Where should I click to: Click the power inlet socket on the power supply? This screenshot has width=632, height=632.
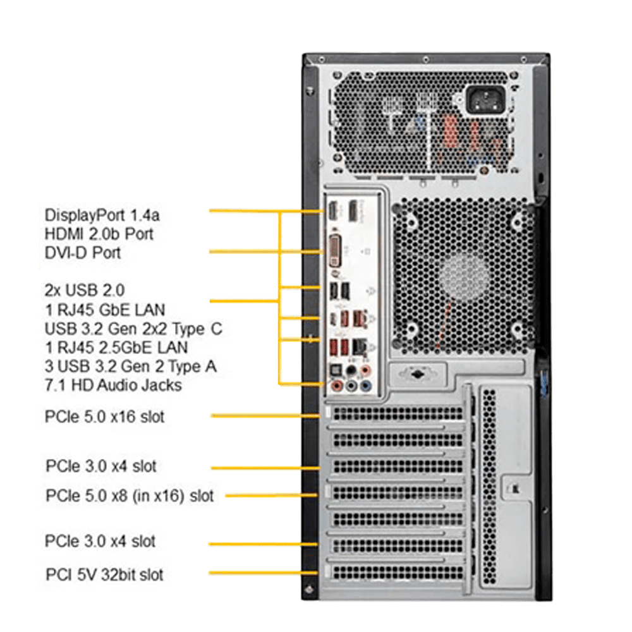pyautogui.click(x=485, y=100)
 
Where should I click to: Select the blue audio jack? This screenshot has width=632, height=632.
pyautogui.click(x=365, y=386)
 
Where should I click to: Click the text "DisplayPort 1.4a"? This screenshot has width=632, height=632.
pyautogui.click(x=102, y=216)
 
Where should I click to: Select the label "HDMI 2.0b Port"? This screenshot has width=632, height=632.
pyautogui.click(x=99, y=234)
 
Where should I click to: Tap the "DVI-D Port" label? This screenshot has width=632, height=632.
pyautogui.click(x=83, y=253)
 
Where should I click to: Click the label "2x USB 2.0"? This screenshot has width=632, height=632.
pyautogui.click(x=85, y=290)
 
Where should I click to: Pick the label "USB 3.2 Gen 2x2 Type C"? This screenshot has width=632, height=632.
pyautogui.click(x=133, y=329)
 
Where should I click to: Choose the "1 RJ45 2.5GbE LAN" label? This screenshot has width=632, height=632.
pyautogui.click(x=116, y=348)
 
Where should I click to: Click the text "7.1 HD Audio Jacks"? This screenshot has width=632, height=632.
pyautogui.click(x=113, y=386)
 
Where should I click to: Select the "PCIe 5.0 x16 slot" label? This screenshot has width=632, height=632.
pyautogui.click(x=104, y=416)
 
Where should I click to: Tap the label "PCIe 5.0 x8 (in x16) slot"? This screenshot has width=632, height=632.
pyautogui.click(x=130, y=495)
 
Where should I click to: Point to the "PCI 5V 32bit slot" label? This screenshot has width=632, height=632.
pyautogui.click(x=104, y=574)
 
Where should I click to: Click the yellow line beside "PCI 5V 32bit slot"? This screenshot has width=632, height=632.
pyautogui.click(x=263, y=573)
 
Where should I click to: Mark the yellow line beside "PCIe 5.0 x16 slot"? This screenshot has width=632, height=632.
pyautogui.click(x=265, y=416)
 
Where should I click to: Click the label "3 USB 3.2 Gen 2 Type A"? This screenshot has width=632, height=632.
pyautogui.click(x=131, y=367)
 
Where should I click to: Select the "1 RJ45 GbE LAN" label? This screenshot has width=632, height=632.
pyautogui.click(x=105, y=310)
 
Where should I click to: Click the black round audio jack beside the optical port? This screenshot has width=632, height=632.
pyautogui.click(x=351, y=370)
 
